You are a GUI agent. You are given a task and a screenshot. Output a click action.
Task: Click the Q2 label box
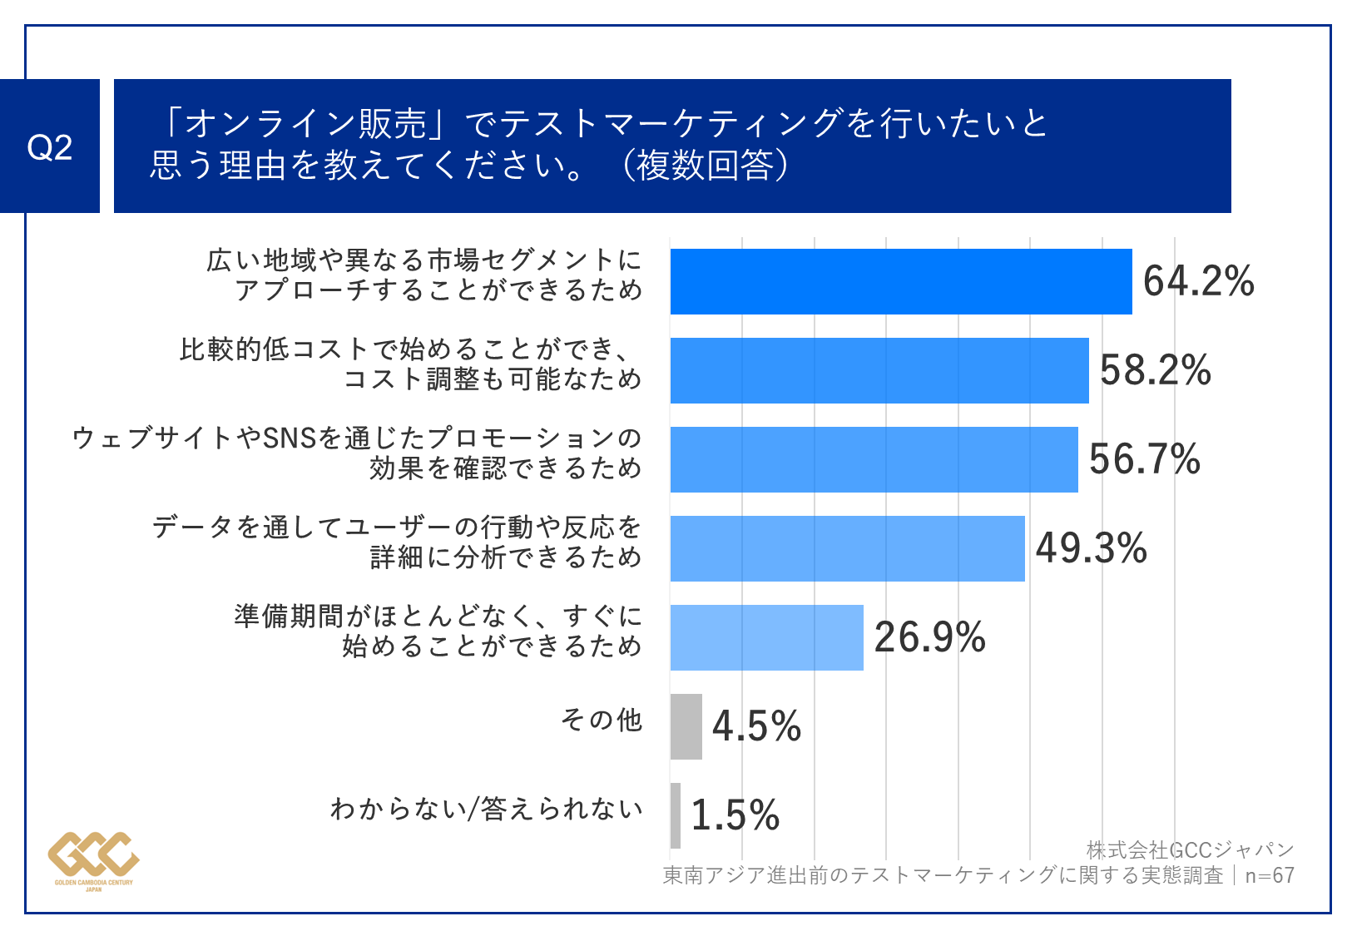click(x=50, y=146)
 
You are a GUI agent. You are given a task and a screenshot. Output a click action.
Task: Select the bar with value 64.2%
click(x=900, y=281)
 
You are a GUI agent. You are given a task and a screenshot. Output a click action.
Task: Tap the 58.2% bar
click(x=879, y=370)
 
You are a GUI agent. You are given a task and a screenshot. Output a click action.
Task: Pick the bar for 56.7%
click(x=874, y=459)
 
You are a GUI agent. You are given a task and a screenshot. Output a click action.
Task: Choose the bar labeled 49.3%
click(x=847, y=548)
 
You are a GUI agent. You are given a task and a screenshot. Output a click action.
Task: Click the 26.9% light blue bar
click(x=766, y=637)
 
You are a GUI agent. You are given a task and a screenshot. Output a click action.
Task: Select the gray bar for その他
click(x=686, y=726)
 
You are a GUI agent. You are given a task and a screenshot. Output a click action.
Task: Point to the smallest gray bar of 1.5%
click(x=675, y=815)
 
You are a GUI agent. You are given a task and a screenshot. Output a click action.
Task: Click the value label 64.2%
click(x=1198, y=281)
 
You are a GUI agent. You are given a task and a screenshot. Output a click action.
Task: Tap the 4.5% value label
click(x=756, y=726)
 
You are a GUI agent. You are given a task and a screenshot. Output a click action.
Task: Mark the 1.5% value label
click(x=735, y=815)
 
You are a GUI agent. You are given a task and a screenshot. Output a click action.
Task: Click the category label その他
click(x=601, y=720)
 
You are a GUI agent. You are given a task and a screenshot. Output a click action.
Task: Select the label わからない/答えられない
click(x=487, y=808)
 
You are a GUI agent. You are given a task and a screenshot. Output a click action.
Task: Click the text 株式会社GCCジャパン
click(x=1190, y=849)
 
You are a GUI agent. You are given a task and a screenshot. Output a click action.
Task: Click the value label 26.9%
click(x=929, y=637)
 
